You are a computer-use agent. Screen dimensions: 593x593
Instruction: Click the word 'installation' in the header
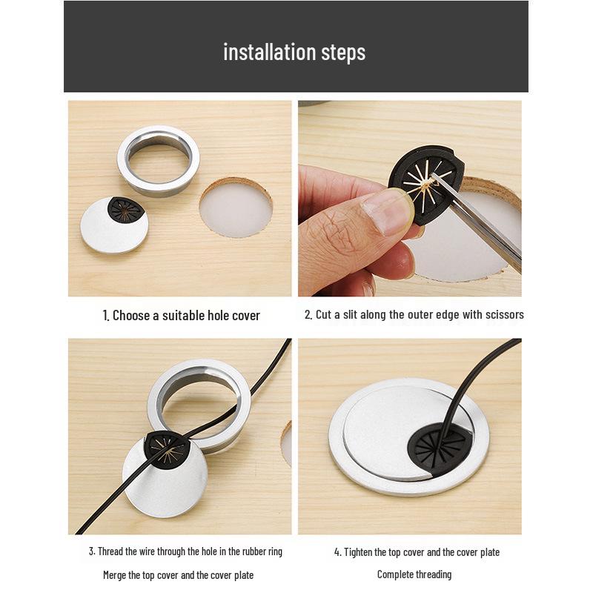tap(259, 53)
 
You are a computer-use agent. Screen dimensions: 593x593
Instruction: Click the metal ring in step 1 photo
tap(159, 157)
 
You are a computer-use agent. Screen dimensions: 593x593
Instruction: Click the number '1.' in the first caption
tap(106, 316)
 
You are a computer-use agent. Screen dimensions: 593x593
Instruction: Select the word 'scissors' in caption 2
tap(504, 315)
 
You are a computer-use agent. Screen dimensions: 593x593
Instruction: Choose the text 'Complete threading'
tap(414, 574)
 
